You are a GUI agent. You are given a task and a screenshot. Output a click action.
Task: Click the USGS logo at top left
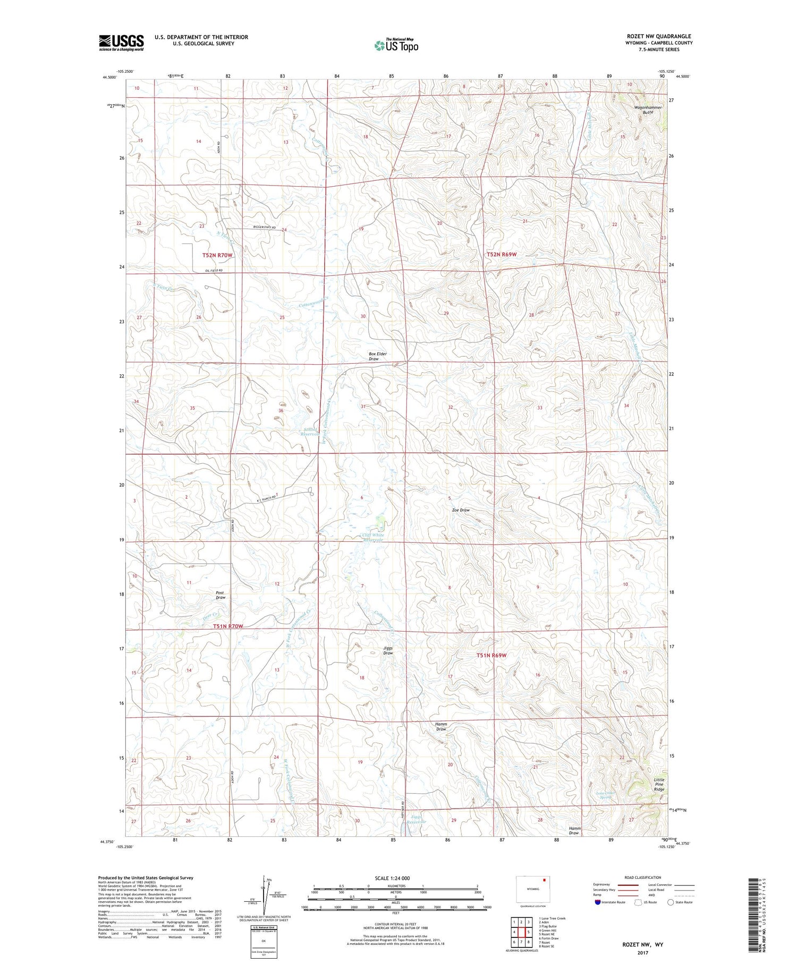coord(121,43)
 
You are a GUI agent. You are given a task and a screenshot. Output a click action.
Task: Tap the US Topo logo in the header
coord(396,45)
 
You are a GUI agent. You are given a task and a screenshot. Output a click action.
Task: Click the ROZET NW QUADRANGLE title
coord(659,36)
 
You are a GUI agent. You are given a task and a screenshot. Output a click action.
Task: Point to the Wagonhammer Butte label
coord(648,110)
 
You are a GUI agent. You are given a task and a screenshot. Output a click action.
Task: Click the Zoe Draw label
coord(461,510)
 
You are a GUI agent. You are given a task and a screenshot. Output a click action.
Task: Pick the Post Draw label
coord(221,595)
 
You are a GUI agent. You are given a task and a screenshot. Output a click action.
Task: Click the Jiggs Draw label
coord(388,650)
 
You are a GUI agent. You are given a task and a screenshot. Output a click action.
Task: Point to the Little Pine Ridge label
coord(659,785)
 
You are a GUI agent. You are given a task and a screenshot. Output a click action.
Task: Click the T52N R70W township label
coord(217,255)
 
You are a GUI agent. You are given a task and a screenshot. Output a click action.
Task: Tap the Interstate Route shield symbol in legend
coord(598,902)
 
